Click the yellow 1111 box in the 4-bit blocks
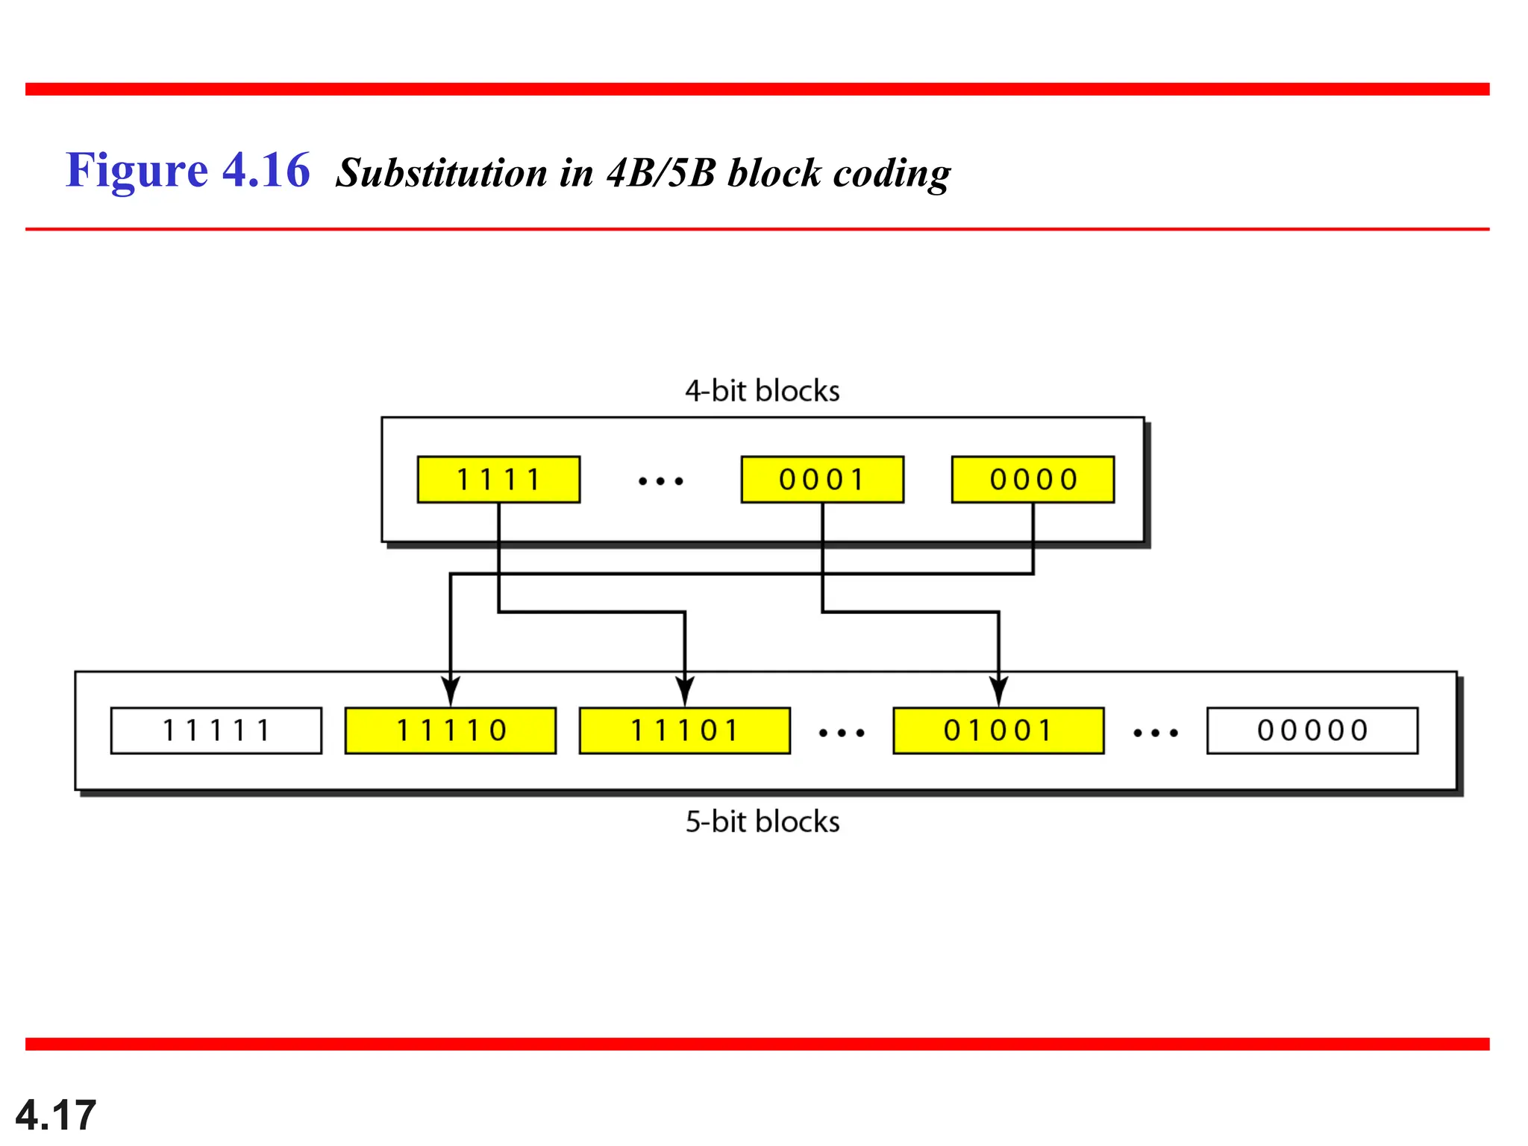point(498,480)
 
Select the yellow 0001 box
point(822,480)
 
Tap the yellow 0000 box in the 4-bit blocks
point(1033,480)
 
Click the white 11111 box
point(216,730)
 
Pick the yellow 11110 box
point(451,730)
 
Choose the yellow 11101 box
point(684,730)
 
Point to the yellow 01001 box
point(998,730)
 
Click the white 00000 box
point(1312,730)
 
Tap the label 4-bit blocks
point(762,391)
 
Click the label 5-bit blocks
point(762,821)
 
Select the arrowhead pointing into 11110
point(451,691)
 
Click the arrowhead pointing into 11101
point(685,691)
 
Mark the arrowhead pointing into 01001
point(999,691)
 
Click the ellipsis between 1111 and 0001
point(661,482)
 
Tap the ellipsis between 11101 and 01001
point(842,733)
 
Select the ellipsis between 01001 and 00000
point(1156,733)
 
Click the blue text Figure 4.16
point(187,171)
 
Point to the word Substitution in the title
point(442,173)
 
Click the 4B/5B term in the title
point(661,173)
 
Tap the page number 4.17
point(56,1115)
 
